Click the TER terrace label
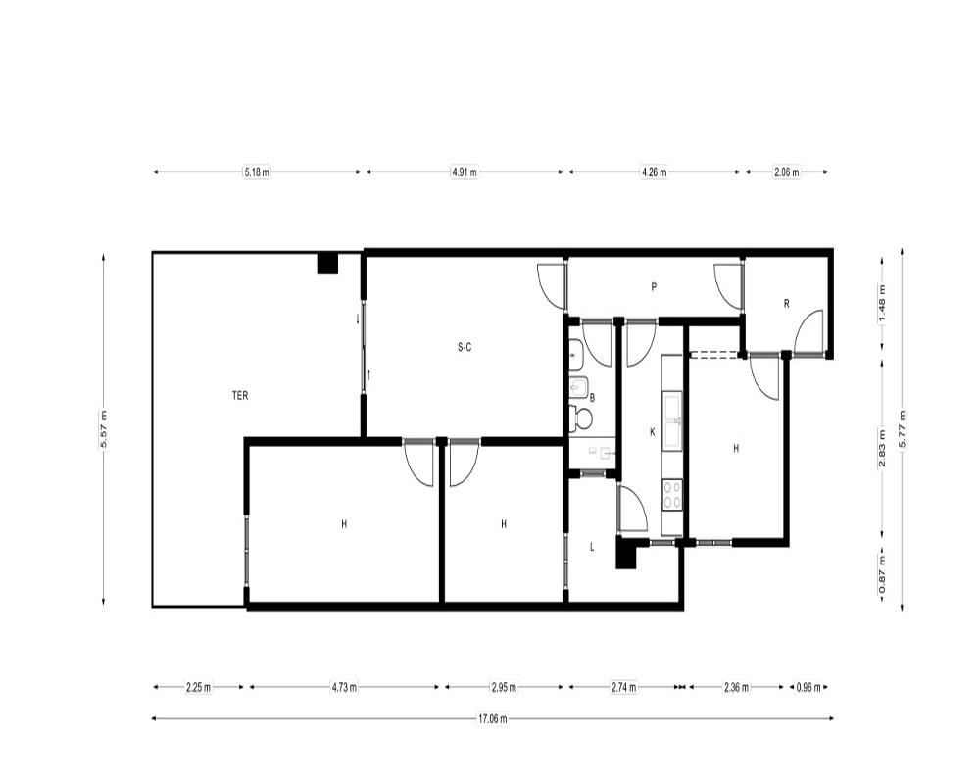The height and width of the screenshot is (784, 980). [240, 396]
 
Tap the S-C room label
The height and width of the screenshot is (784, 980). [465, 347]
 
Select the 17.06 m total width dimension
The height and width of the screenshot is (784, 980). [493, 719]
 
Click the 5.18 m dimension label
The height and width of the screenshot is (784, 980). [257, 171]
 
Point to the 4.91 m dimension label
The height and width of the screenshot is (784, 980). [465, 171]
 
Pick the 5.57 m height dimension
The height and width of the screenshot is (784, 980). [103, 429]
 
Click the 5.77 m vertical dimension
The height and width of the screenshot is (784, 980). [902, 429]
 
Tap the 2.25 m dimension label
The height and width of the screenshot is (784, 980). [199, 687]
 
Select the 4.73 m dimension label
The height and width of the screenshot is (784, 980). [344, 687]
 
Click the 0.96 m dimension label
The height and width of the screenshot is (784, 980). [808, 687]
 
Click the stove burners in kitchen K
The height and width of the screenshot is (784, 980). [672, 494]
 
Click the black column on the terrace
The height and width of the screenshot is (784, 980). [327, 264]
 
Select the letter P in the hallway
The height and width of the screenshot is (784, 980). [654, 287]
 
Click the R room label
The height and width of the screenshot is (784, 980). [786, 304]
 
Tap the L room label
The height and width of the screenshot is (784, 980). [592, 547]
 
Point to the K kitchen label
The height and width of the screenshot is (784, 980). [653, 432]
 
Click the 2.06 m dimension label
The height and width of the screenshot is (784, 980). [787, 171]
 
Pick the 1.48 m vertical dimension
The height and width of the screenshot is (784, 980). [883, 304]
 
